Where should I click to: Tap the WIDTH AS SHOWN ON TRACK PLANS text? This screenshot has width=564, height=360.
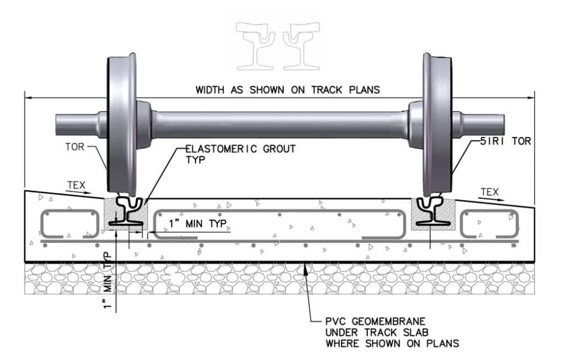(x=288, y=90)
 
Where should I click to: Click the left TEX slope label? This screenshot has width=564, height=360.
(x=76, y=186)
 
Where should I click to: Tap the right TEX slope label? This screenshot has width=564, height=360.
(x=489, y=192)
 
